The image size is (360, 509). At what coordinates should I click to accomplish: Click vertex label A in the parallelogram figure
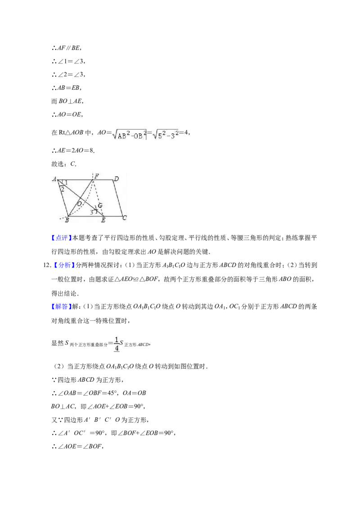(54, 179)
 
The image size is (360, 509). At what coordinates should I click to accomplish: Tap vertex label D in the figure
(116, 179)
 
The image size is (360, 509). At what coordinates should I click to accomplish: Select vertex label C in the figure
(125, 218)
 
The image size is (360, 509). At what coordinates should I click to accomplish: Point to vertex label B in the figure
(67, 220)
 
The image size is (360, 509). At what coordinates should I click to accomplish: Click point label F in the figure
(96, 176)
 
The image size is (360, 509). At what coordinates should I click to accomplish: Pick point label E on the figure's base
(103, 220)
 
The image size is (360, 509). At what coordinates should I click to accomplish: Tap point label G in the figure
(100, 205)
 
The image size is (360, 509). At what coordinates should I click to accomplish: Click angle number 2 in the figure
(63, 189)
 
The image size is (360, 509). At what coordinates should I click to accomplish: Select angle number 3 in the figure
(92, 212)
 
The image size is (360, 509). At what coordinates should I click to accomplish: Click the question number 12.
(47, 266)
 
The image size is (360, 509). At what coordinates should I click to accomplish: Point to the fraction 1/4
(117, 344)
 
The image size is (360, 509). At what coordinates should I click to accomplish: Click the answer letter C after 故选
(73, 164)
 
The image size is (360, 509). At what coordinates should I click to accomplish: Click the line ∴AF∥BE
(67, 48)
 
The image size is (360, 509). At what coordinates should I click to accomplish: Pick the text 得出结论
(65, 293)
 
